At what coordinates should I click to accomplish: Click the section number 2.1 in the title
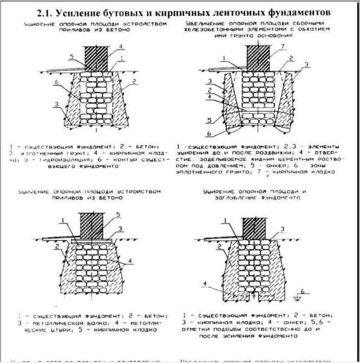point(54,11)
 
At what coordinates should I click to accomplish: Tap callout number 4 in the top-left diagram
point(120,47)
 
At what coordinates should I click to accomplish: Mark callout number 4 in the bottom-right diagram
point(206,283)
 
